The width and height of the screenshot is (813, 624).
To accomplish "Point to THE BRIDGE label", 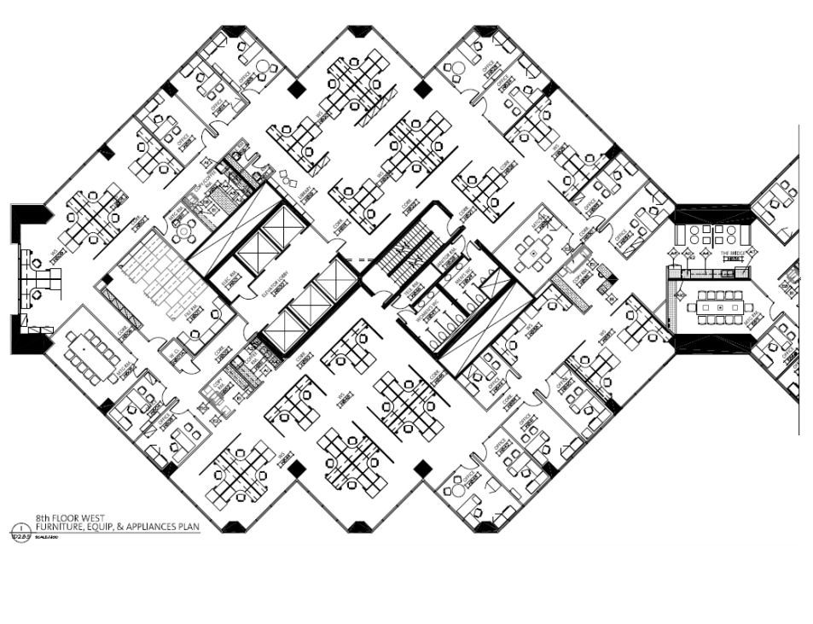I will coord(732,254).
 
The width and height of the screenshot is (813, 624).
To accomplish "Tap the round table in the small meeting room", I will coord(182,230).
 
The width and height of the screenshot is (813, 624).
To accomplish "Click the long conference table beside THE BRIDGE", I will coord(718,306).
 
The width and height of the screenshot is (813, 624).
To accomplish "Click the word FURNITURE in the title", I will coord(64,527).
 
